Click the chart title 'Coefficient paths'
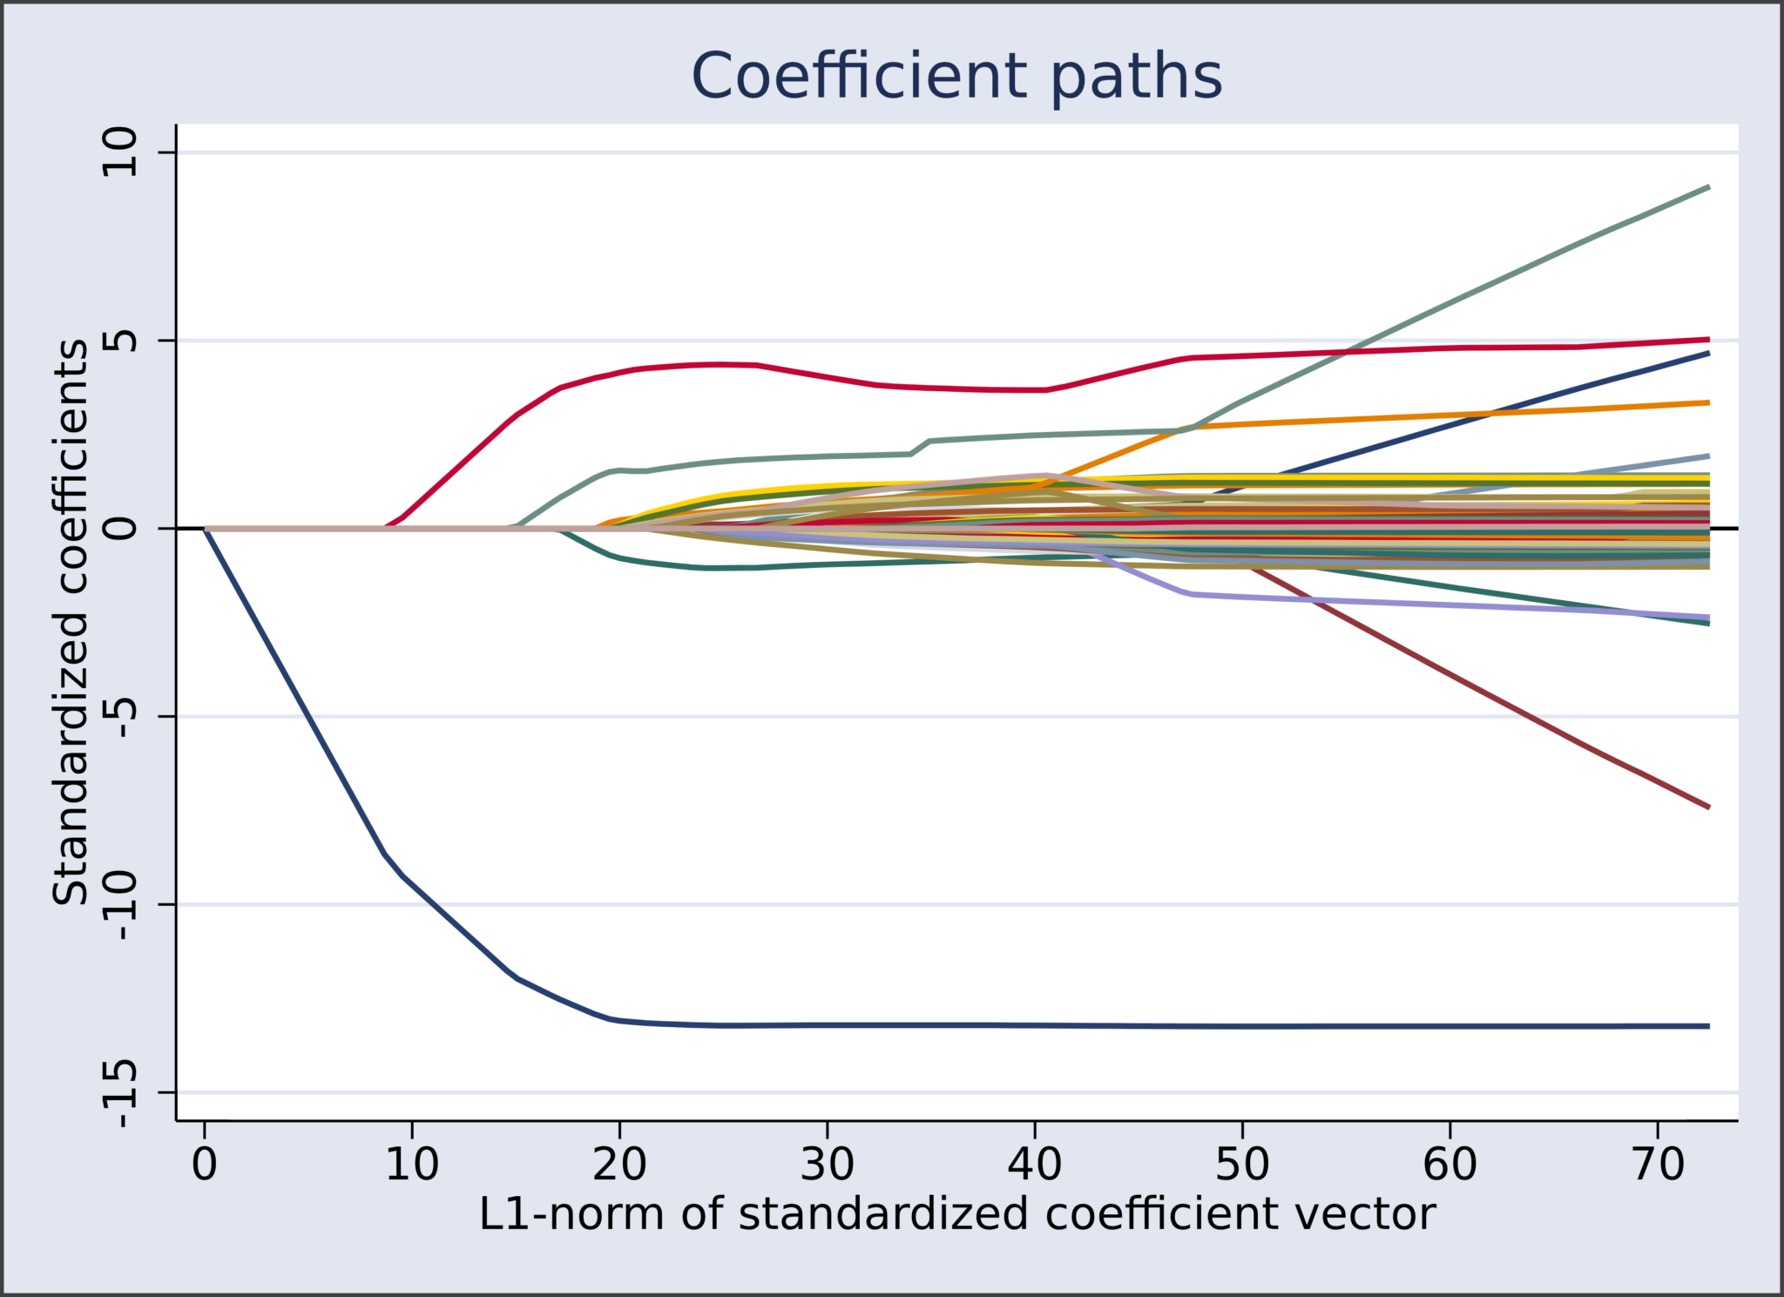click(956, 77)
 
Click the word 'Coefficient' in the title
click(859, 77)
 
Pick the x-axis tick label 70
click(1657, 1165)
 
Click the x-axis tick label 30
click(827, 1165)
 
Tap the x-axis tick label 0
click(205, 1165)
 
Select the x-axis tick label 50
click(1242, 1165)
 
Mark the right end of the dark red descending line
click(1707, 807)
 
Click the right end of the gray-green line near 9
click(1707, 188)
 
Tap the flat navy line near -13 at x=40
click(1035, 1025)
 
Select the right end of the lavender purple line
click(1707, 617)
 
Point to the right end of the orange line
click(1707, 402)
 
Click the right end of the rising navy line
click(1707, 354)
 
